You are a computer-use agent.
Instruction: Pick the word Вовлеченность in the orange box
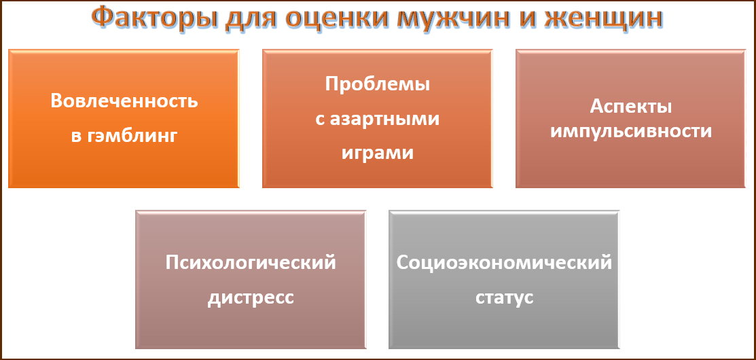point(124,102)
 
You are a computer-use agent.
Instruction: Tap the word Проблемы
point(377,84)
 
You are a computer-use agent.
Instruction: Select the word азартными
point(384,119)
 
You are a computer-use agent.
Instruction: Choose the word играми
point(378,154)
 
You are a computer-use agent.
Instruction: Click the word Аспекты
point(631,107)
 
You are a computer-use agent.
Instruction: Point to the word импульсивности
point(631,132)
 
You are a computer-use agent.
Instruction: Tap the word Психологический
point(250,263)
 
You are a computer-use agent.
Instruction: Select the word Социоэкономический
point(504,263)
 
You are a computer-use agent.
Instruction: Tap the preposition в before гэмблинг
point(76,137)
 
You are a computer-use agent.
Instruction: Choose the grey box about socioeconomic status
point(504,280)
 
